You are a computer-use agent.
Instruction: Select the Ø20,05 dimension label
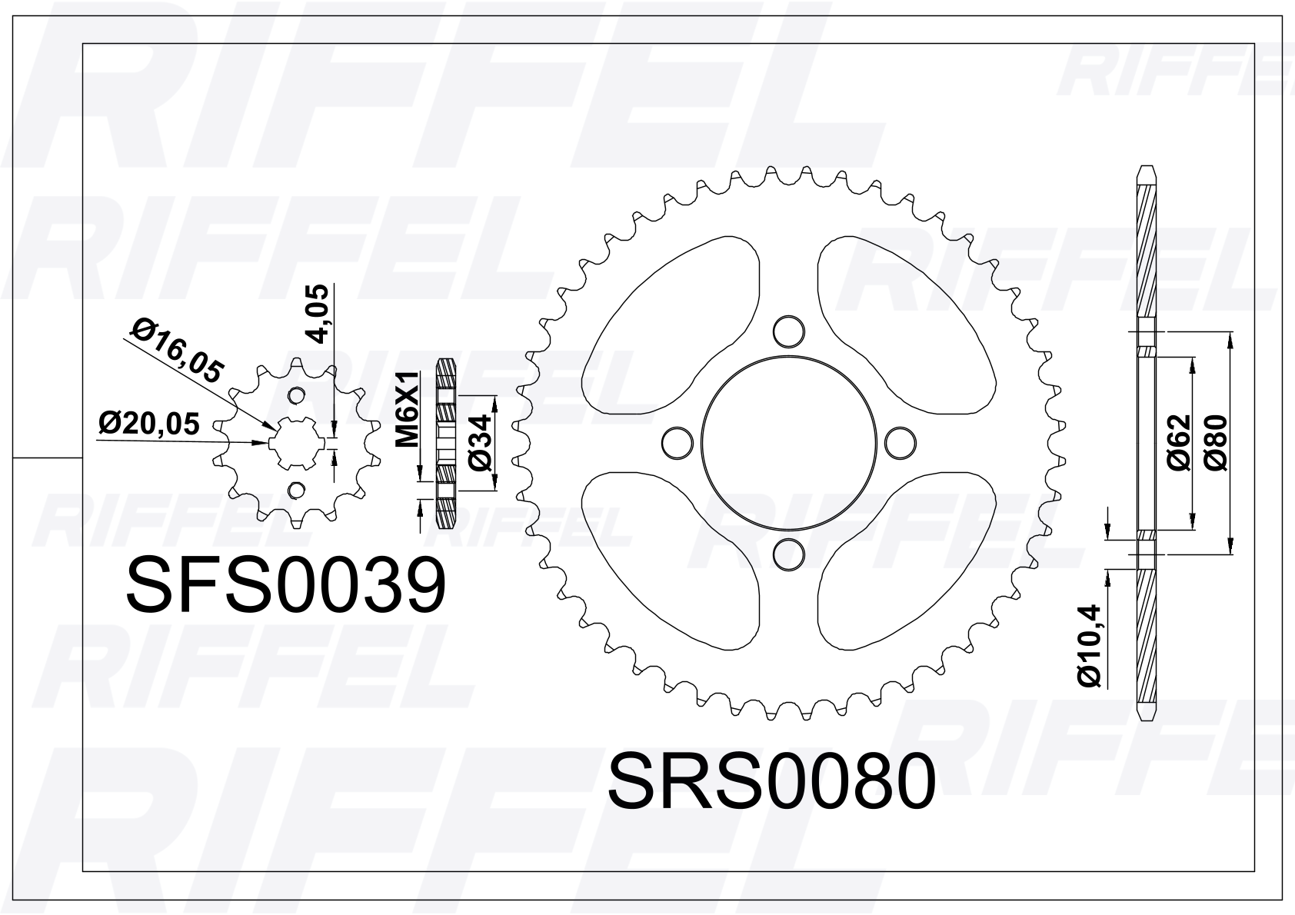(x=149, y=424)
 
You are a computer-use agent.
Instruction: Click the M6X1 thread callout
(x=407, y=409)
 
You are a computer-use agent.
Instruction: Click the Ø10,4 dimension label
(x=1089, y=646)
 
